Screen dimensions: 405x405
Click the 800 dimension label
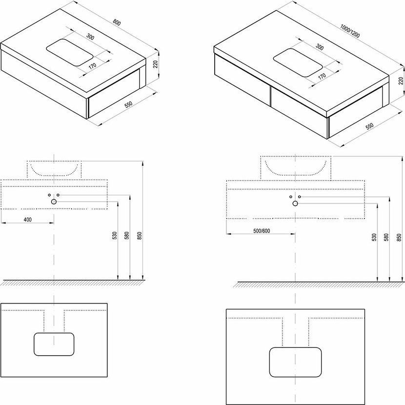click(117, 23)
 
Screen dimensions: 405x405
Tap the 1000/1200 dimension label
click(350, 31)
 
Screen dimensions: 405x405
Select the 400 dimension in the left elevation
click(28, 220)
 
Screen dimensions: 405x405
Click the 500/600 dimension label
click(262, 231)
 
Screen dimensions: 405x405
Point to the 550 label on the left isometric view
click(128, 104)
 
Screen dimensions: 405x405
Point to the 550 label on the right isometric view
click(369, 126)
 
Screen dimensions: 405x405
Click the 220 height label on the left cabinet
click(155, 64)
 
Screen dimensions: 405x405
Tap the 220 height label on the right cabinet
click(401, 81)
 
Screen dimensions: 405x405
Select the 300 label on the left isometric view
click(90, 37)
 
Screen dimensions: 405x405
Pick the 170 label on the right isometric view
click(322, 77)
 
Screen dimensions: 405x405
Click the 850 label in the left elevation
click(140, 235)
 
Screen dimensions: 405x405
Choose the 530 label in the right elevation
click(375, 237)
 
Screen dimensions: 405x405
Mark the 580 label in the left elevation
click(127, 235)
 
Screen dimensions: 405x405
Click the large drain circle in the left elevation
click(54, 202)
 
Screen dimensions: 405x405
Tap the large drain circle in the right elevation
click(295, 203)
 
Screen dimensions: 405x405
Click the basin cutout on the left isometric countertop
click(69, 52)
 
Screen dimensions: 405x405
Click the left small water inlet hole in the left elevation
click(49, 195)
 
